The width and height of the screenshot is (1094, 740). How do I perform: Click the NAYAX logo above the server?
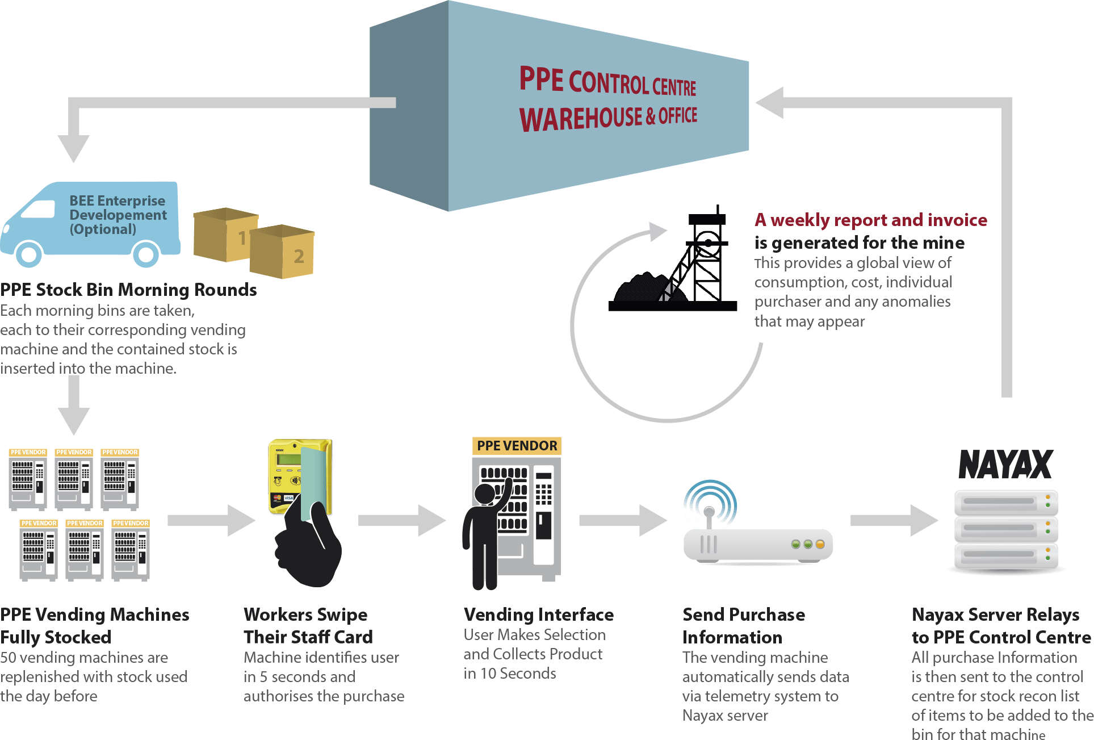(x=1005, y=465)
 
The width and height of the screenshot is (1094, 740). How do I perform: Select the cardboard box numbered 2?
(x=282, y=252)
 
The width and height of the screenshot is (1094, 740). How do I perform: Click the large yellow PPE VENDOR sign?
(x=517, y=446)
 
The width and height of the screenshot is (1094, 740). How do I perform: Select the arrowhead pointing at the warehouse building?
(x=770, y=103)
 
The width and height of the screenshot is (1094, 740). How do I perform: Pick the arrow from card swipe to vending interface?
(x=401, y=520)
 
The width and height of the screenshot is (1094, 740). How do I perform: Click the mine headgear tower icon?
(x=701, y=261)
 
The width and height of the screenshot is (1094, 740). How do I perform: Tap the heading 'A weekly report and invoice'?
(x=870, y=220)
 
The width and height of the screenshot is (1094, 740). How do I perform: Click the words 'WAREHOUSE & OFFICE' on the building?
(x=607, y=118)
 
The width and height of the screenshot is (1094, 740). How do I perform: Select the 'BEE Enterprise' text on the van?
(x=117, y=201)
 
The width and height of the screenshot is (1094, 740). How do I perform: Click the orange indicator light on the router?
(x=820, y=544)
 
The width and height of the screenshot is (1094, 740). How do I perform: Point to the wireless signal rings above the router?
(x=709, y=503)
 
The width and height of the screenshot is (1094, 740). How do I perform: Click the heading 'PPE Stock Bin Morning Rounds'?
(x=128, y=290)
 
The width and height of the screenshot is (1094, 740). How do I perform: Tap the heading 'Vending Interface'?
(x=538, y=614)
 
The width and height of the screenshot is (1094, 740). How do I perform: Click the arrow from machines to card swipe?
(x=211, y=520)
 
